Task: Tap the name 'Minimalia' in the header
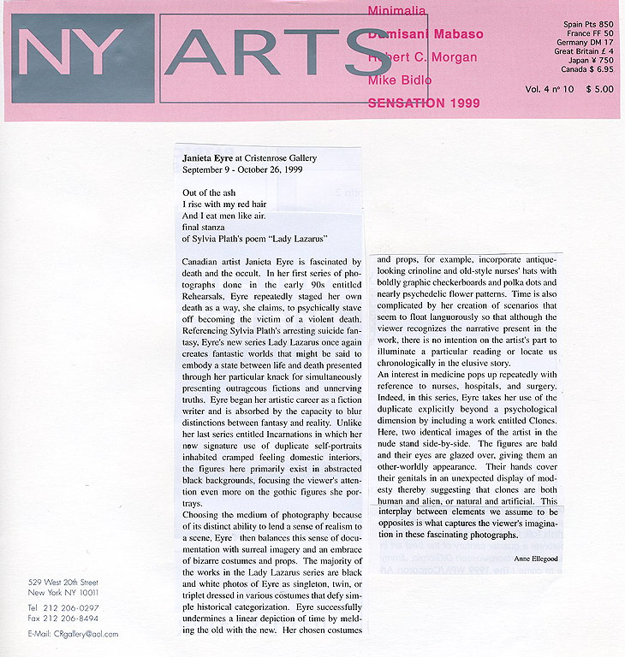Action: (396, 11)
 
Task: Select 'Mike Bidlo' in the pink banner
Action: (399, 80)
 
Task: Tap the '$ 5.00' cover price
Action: (599, 88)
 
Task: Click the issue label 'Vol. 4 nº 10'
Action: (551, 88)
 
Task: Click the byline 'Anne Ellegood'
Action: (535, 558)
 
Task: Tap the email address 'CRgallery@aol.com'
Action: (87, 634)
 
